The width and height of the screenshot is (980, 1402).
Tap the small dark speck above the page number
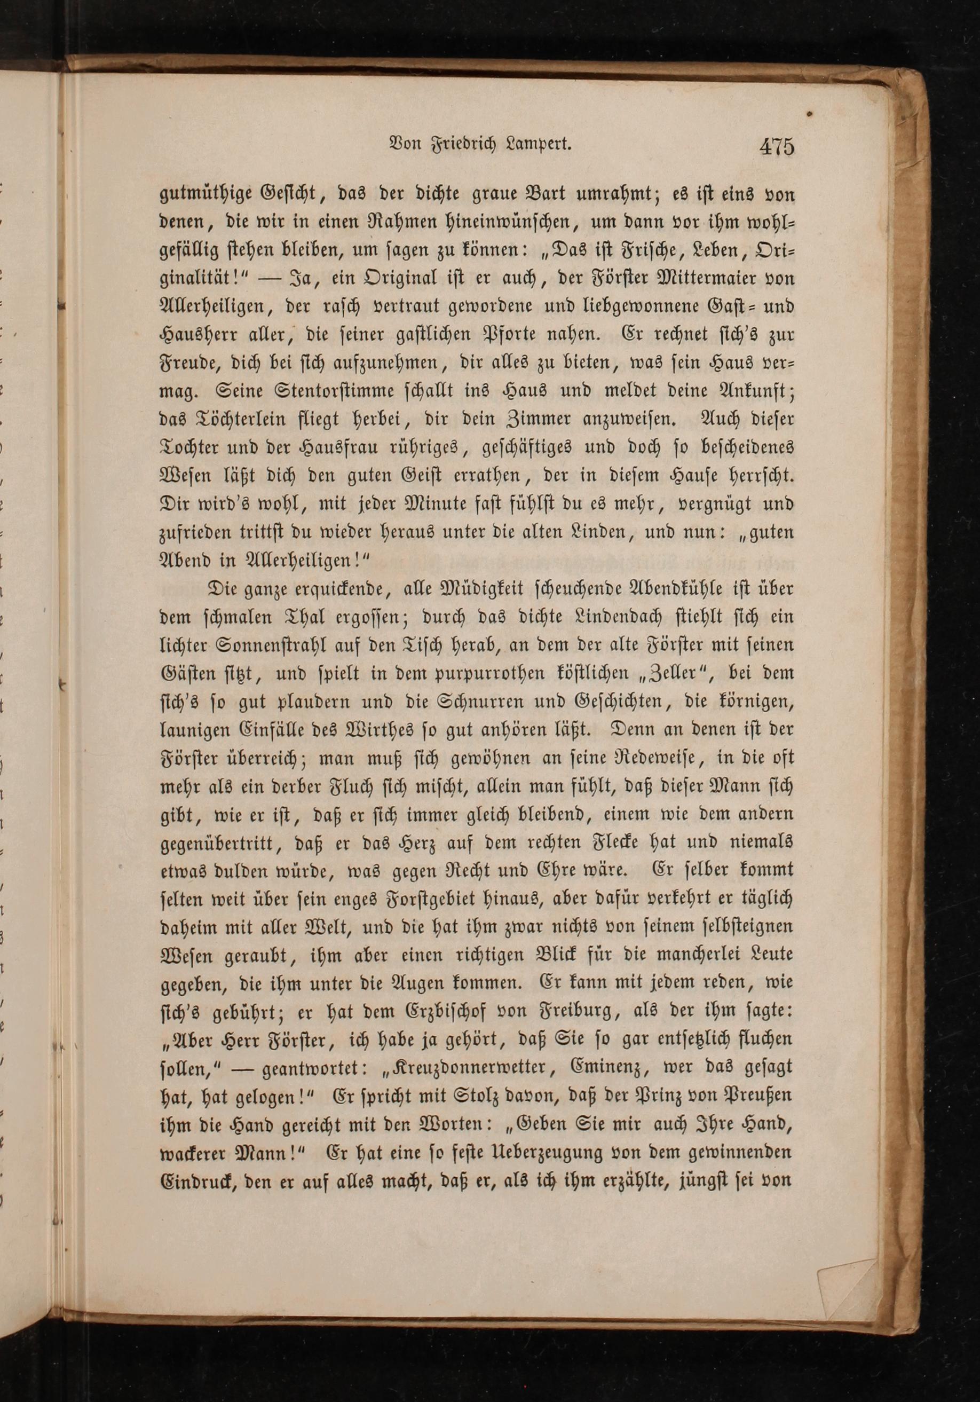(810, 114)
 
